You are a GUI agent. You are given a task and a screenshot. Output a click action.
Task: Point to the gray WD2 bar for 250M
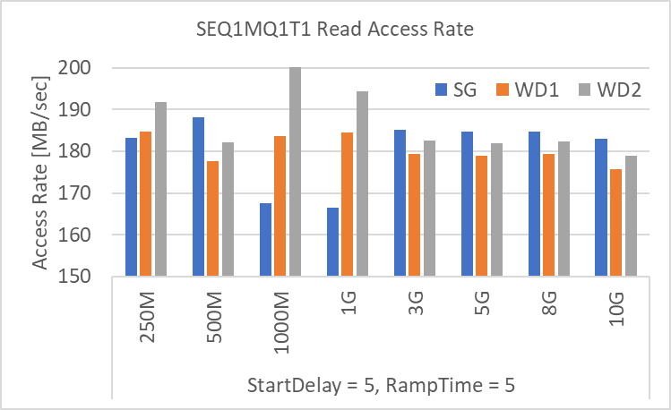pyautogui.click(x=161, y=189)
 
